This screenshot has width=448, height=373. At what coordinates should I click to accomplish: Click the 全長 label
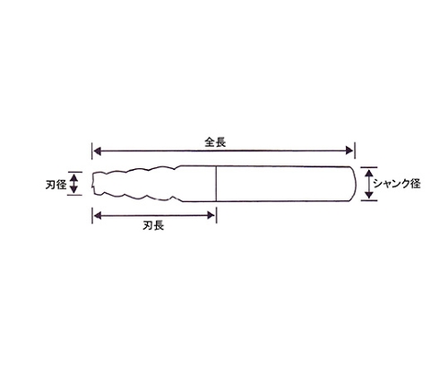215,142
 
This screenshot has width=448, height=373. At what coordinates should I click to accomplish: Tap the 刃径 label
56,185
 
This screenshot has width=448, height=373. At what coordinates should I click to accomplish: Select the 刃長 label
153,225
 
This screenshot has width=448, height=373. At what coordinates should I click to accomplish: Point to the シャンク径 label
397,183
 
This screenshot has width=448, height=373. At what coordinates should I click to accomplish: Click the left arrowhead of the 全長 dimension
98,151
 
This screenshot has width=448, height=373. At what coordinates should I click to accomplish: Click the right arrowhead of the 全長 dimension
349,151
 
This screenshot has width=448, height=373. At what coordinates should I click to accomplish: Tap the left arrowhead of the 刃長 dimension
98,216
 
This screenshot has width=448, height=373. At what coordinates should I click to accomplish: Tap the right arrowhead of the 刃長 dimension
211,216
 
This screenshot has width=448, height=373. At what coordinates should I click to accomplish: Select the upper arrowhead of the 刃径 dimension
74,178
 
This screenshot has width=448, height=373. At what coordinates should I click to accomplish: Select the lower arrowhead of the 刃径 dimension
74,189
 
